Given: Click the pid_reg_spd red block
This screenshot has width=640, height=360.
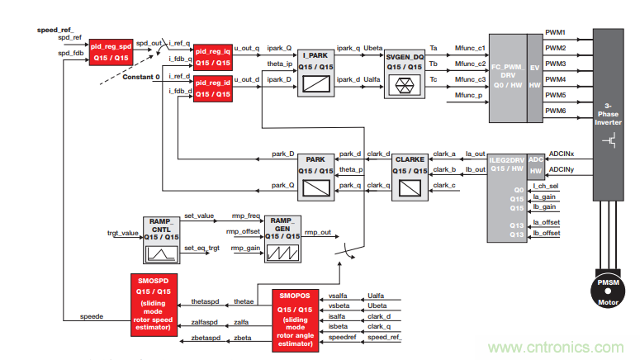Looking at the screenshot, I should tap(111, 52).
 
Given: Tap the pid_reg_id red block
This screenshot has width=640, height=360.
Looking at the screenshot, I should tap(212, 88).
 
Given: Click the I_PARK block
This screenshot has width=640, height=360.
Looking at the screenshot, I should tap(315, 70).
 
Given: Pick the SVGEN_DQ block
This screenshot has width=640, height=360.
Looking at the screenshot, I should tap(405, 70).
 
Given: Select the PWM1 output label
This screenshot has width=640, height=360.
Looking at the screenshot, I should tap(556, 32).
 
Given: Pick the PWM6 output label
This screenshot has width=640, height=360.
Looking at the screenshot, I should tap(556, 110).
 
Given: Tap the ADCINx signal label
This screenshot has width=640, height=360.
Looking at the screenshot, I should tap(562, 154).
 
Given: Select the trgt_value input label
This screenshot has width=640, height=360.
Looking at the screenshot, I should tap(124, 233).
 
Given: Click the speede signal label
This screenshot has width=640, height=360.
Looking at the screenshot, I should tap(92, 315).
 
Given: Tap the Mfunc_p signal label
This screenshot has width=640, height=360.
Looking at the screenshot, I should tap(471, 95).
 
